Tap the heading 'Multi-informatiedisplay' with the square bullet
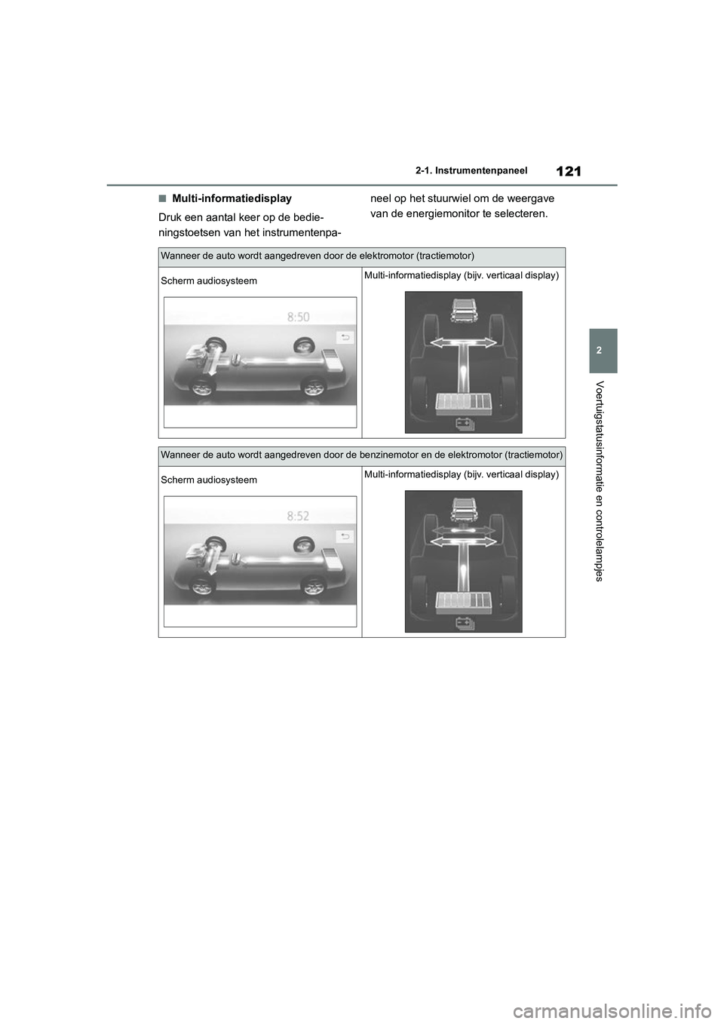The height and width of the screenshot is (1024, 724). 231,199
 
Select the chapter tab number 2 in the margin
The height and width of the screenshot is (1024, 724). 603,351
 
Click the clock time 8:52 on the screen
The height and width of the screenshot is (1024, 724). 298,517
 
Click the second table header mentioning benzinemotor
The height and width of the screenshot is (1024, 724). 361,455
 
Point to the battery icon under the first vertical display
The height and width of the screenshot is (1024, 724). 464,424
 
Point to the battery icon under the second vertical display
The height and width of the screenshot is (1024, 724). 464,623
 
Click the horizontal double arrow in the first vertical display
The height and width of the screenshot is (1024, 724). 463,343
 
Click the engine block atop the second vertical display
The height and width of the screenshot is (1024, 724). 463,510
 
